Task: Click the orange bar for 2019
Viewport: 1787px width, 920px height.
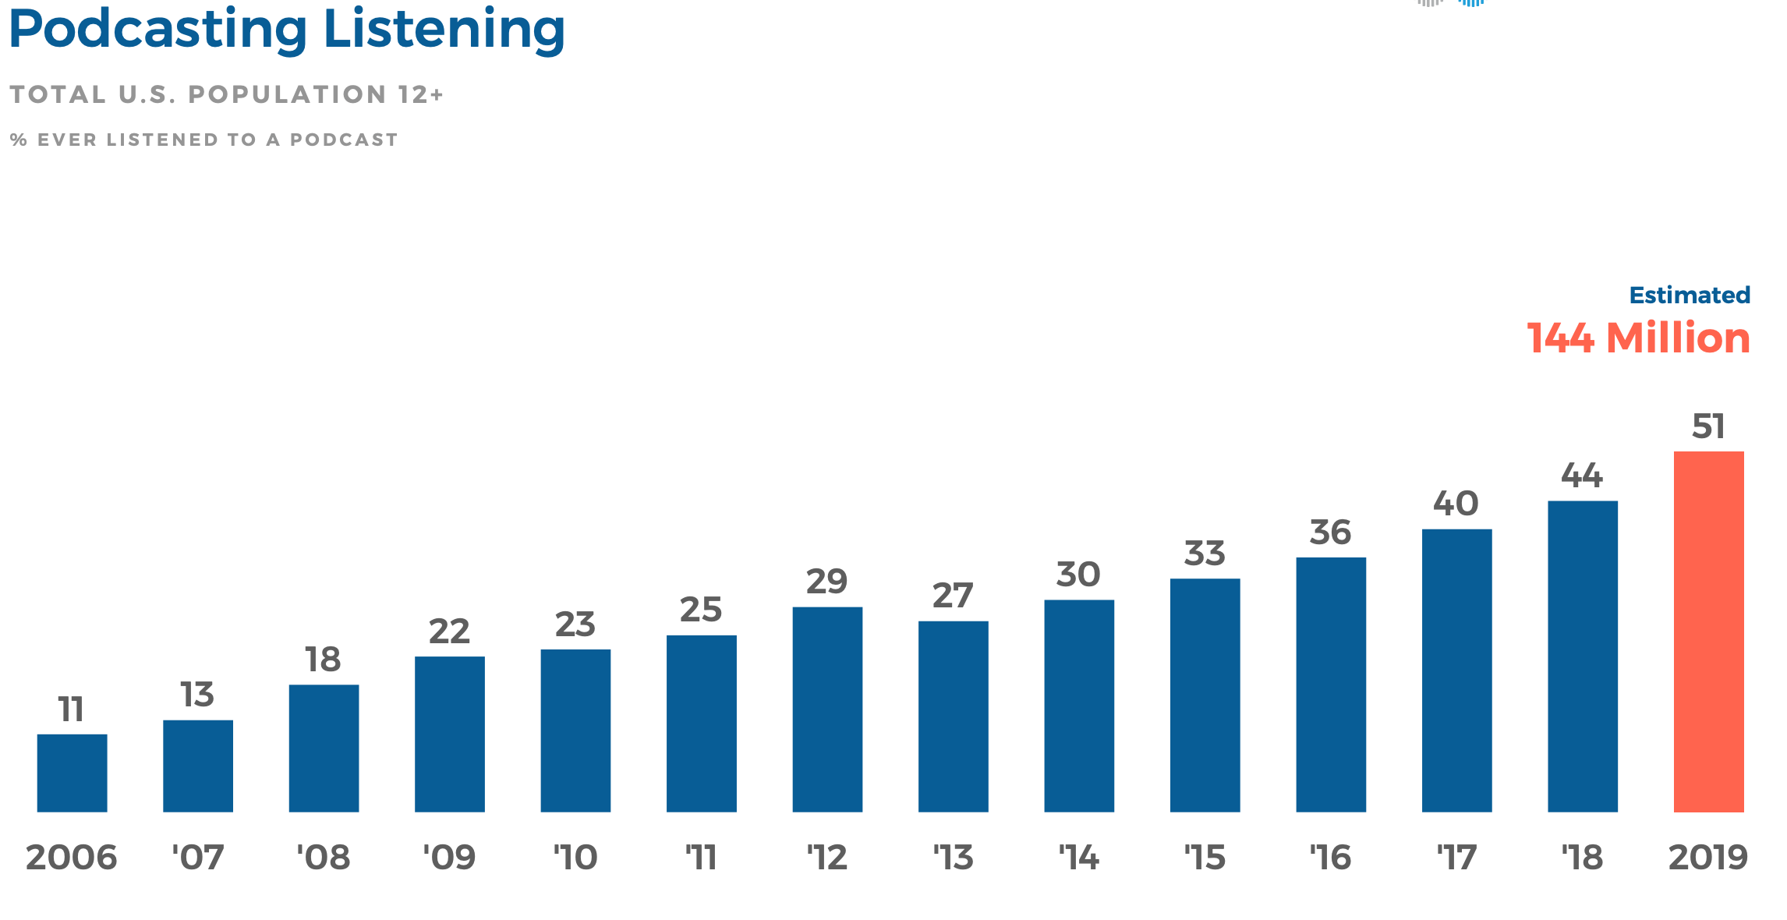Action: (x=1708, y=632)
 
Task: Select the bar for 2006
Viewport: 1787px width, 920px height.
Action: (x=72, y=773)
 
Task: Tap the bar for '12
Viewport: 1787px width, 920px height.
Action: (x=827, y=709)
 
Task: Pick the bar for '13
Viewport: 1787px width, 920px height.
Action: (x=953, y=717)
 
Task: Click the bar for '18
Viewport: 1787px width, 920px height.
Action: (x=1582, y=656)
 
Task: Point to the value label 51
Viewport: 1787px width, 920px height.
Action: (x=1708, y=426)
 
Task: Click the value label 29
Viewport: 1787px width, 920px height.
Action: (x=826, y=582)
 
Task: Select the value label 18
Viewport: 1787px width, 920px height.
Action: (x=323, y=660)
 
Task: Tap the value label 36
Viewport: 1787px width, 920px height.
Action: (x=1330, y=533)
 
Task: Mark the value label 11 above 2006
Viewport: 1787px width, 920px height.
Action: (x=71, y=709)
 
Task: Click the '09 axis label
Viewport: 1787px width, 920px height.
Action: (x=449, y=858)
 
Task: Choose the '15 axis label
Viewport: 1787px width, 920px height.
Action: (x=1205, y=858)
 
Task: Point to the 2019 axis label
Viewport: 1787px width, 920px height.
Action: (x=1707, y=858)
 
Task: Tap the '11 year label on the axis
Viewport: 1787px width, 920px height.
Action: (x=701, y=858)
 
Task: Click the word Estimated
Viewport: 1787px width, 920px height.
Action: (x=1690, y=295)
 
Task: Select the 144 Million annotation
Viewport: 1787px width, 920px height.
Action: (x=1638, y=338)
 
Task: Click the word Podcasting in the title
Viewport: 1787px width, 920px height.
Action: (x=158, y=30)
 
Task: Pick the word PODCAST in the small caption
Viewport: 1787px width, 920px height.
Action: (x=344, y=140)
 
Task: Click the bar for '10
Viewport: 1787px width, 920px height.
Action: (x=575, y=731)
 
